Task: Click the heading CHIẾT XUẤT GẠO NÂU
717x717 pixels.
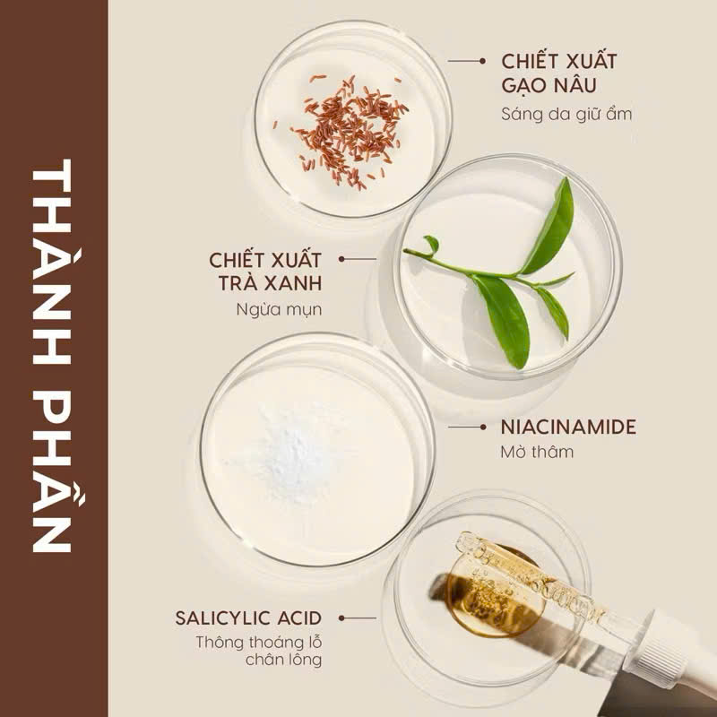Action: point(558,73)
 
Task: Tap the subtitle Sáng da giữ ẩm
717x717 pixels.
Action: point(566,115)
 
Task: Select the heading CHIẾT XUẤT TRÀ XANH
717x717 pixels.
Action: point(265,272)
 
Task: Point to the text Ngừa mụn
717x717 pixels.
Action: point(279,310)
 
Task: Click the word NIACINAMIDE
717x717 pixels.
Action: point(568,428)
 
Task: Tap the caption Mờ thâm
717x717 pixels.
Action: point(537,452)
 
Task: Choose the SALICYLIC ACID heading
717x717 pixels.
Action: point(248,618)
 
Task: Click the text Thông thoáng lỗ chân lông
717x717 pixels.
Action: point(259,652)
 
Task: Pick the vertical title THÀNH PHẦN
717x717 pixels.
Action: point(53,356)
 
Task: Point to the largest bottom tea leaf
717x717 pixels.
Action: point(502,319)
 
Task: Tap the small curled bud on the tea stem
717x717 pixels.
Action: point(432,244)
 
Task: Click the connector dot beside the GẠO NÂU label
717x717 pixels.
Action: point(482,61)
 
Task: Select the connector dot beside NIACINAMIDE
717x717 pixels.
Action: point(483,428)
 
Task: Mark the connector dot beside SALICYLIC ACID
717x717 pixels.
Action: point(341,618)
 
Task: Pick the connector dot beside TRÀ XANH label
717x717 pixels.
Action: point(341,259)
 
